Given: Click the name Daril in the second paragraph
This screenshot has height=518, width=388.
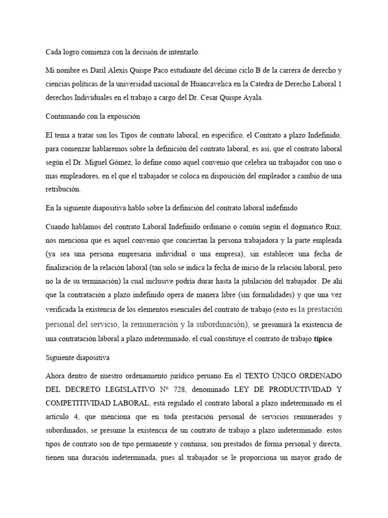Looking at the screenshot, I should coord(96,70).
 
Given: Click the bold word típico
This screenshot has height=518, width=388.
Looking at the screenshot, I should coord(323,338).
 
